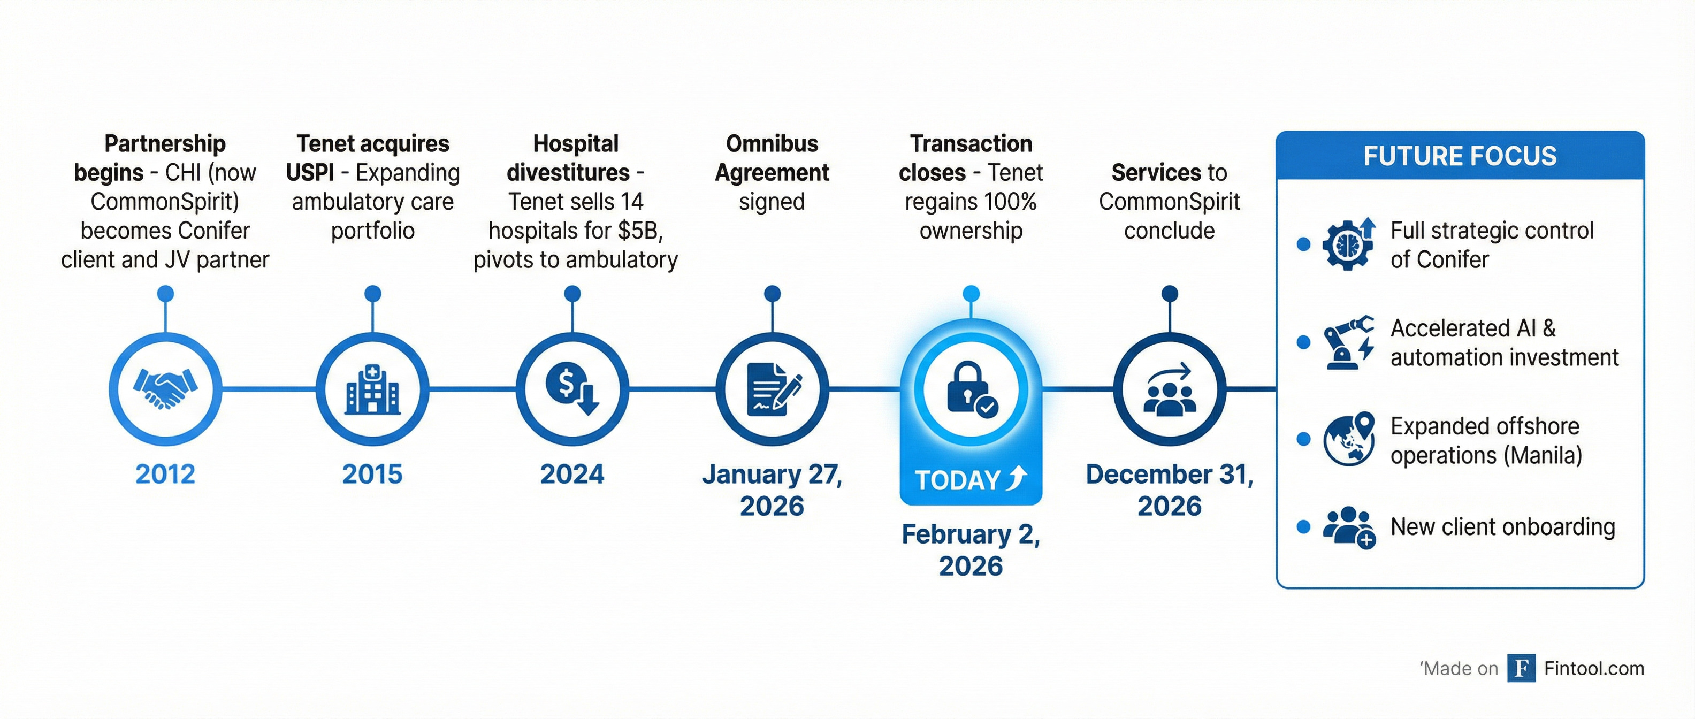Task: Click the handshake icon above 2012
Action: (165, 389)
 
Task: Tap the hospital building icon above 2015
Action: (372, 389)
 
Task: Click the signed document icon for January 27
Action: (774, 389)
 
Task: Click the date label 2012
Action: (165, 475)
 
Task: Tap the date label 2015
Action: (372, 475)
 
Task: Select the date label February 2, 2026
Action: (971, 550)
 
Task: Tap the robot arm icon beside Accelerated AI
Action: (1349, 342)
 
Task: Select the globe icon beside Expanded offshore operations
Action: (1349, 439)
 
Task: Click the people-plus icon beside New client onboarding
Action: (1349, 527)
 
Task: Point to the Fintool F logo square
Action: (1521, 668)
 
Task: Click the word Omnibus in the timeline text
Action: (772, 143)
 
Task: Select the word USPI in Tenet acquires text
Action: (310, 172)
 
